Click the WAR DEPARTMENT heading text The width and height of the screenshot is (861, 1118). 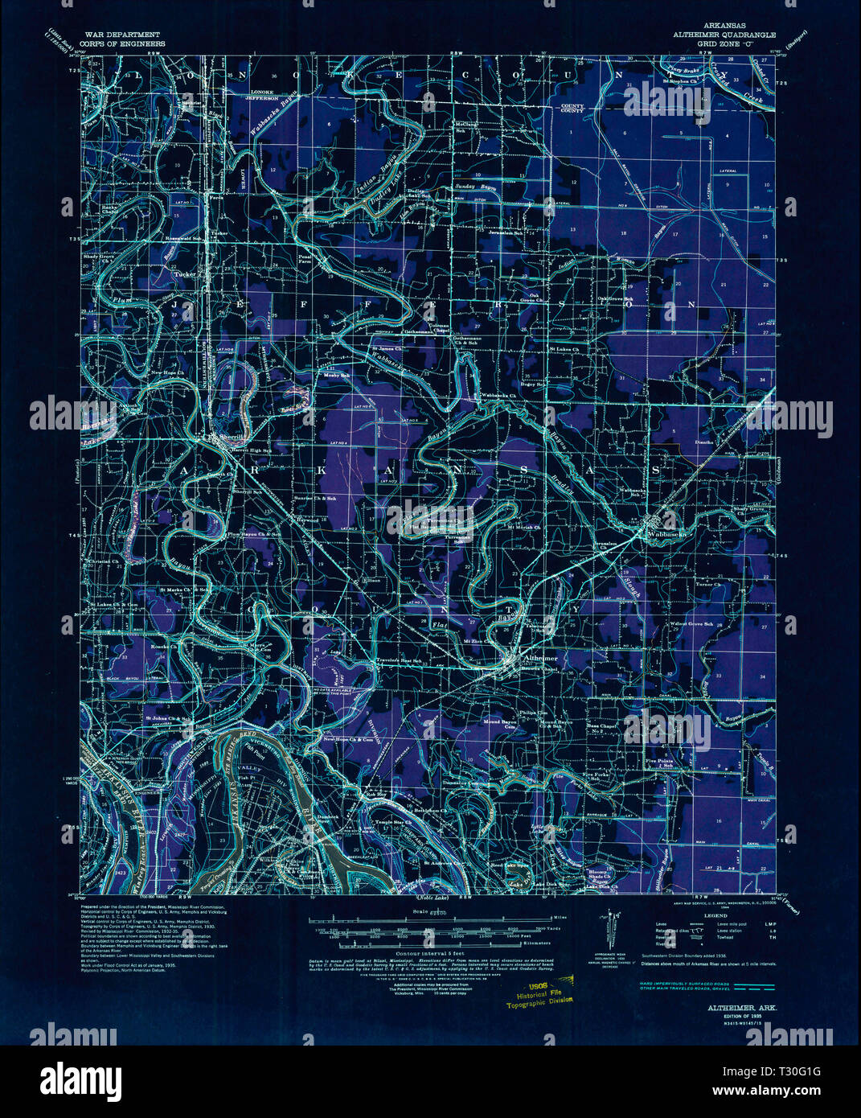115,35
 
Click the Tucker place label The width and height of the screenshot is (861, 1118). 185,273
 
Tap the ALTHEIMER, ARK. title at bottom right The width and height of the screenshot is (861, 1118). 736,1006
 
